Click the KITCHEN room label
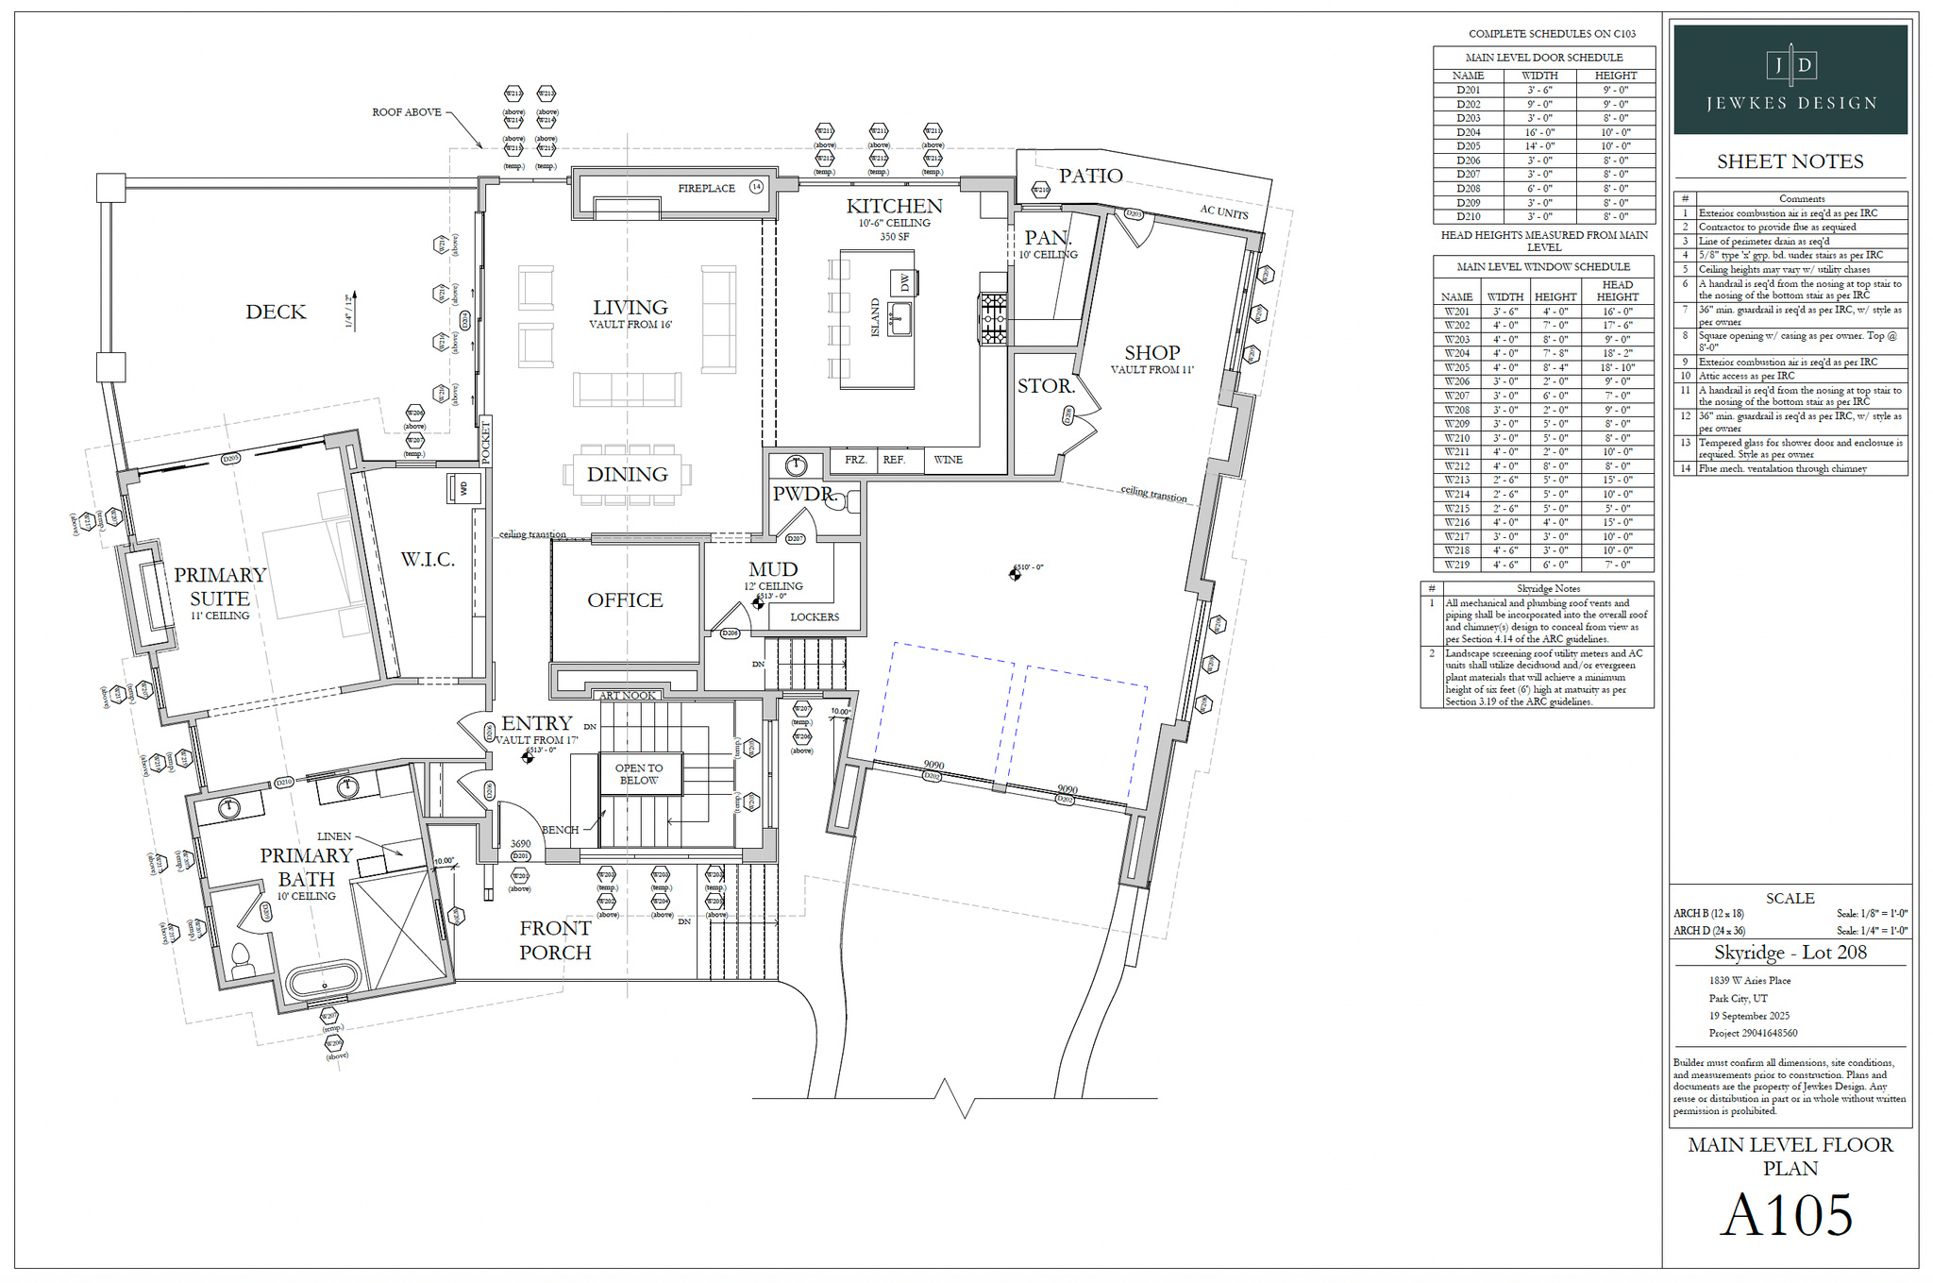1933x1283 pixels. click(x=894, y=206)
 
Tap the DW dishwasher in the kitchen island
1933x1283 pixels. click(x=904, y=282)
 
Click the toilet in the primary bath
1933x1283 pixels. click(x=243, y=961)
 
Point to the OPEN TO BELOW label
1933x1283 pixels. click(x=639, y=774)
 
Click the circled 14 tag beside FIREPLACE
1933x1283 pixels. click(x=756, y=187)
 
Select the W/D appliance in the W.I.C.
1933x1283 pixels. click(x=463, y=488)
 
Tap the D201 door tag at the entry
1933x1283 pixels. click(x=520, y=856)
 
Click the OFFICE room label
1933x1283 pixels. click(x=625, y=600)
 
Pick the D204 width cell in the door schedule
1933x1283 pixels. click(x=1539, y=132)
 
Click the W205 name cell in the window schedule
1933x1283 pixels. click(x=1456, y=367)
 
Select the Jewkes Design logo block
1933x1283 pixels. click(x=1790, y=79)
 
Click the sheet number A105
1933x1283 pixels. click(x=1787, y=1215)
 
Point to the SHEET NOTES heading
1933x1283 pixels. click(x=1790, y=161)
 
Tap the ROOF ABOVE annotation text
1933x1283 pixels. click(x=407, y=112)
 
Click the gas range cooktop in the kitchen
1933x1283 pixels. click(x=993, y=318)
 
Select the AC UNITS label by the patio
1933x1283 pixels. click(x=1224, y=211)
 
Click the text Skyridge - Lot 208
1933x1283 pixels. click(x=1790, y=953)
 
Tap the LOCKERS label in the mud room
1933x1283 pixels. click(x=814, y=617)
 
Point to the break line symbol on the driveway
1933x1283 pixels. click(x=953, y=1098)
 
